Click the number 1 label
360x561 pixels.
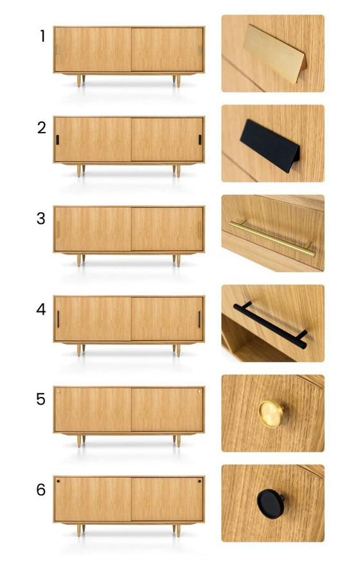43,36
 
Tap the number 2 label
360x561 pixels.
42,128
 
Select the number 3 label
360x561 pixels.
41,218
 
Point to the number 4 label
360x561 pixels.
41,309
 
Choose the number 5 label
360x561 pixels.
41,400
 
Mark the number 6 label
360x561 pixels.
41,490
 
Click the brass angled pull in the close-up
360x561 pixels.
274,53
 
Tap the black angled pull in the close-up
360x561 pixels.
270,145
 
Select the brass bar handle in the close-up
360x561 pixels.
273,238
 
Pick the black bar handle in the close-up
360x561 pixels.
270,325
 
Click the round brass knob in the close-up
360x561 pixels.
271,414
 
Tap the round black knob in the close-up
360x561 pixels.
270,504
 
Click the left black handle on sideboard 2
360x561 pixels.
57,140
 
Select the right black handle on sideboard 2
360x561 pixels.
200,140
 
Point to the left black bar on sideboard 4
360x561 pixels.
59,320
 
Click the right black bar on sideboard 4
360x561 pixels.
199,320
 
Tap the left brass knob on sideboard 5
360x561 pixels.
59,392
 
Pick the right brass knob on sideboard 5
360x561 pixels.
199,392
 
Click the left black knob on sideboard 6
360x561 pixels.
59,482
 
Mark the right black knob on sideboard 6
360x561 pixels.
199,482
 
